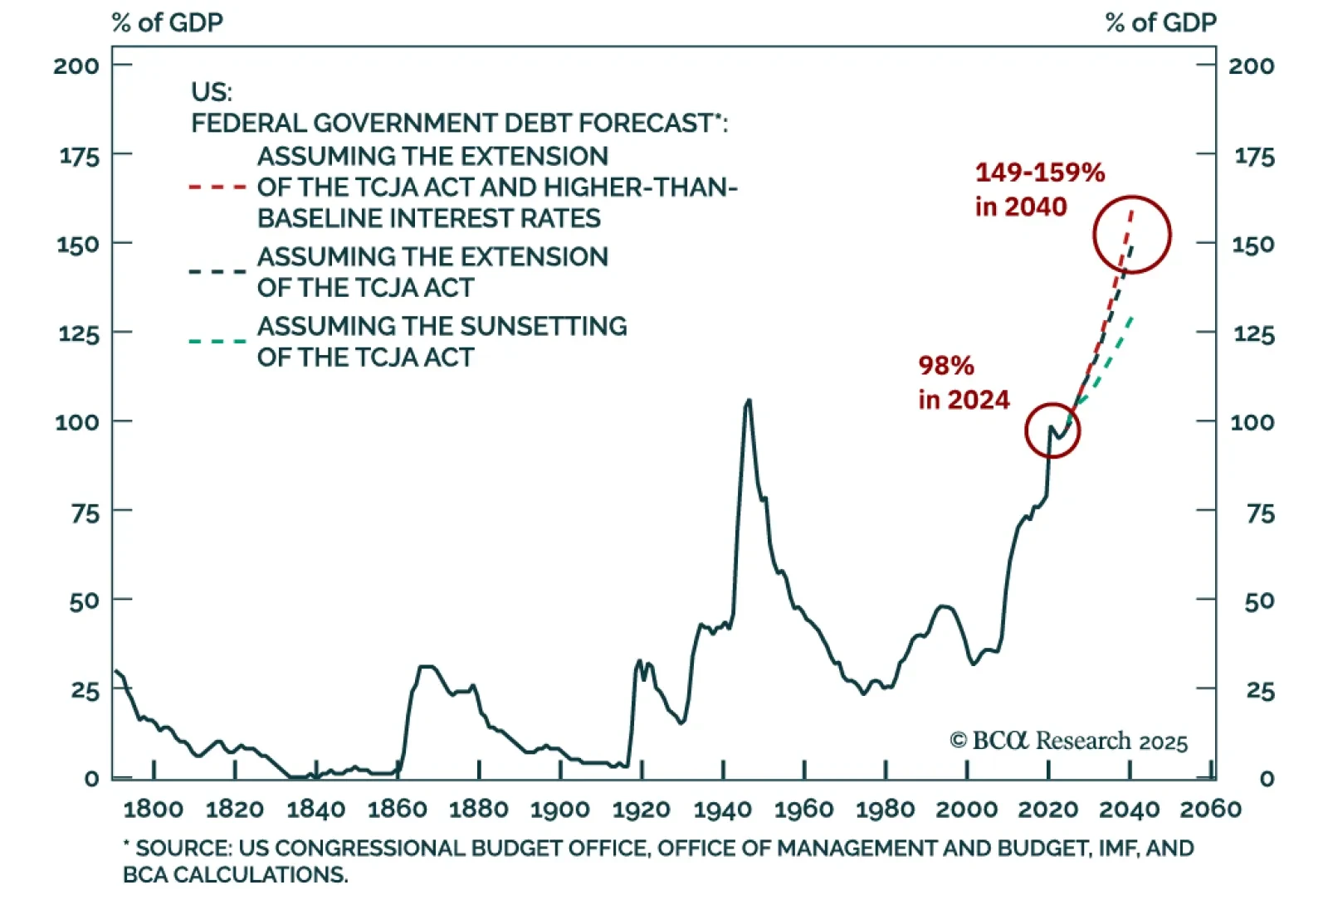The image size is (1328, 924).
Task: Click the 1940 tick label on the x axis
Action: click(x=722, y=809)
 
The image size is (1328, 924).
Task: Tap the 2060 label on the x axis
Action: click(x=1210, y=809)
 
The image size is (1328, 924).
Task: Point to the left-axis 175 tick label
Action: click(x=79, y=156)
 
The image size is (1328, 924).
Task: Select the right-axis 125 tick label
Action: click(x=1253, y=334)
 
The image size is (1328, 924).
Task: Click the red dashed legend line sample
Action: click(x=217, y=187)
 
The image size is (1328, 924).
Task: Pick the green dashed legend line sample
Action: click(x=217, y=341)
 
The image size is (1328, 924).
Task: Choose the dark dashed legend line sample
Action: click(x=217, y=271)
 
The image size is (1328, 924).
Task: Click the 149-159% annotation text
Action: click(x=1040, y=173)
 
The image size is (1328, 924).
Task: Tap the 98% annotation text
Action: click(x=946, y=366)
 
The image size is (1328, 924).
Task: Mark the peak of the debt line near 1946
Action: click(x=749, y=401)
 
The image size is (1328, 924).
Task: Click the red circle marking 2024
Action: click(x=1052, y=430)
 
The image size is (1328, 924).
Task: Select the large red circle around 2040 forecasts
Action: click(x=1132, y=235)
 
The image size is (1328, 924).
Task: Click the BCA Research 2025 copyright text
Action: click(x=1069, y=741)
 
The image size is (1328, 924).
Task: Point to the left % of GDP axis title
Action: click(x=167, y=22)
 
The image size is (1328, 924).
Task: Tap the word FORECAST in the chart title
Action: click(x=645, y=124)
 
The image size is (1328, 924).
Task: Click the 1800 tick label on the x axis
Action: click(x=153, y=809)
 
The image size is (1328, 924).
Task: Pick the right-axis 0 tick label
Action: click(x=1266, y=779)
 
